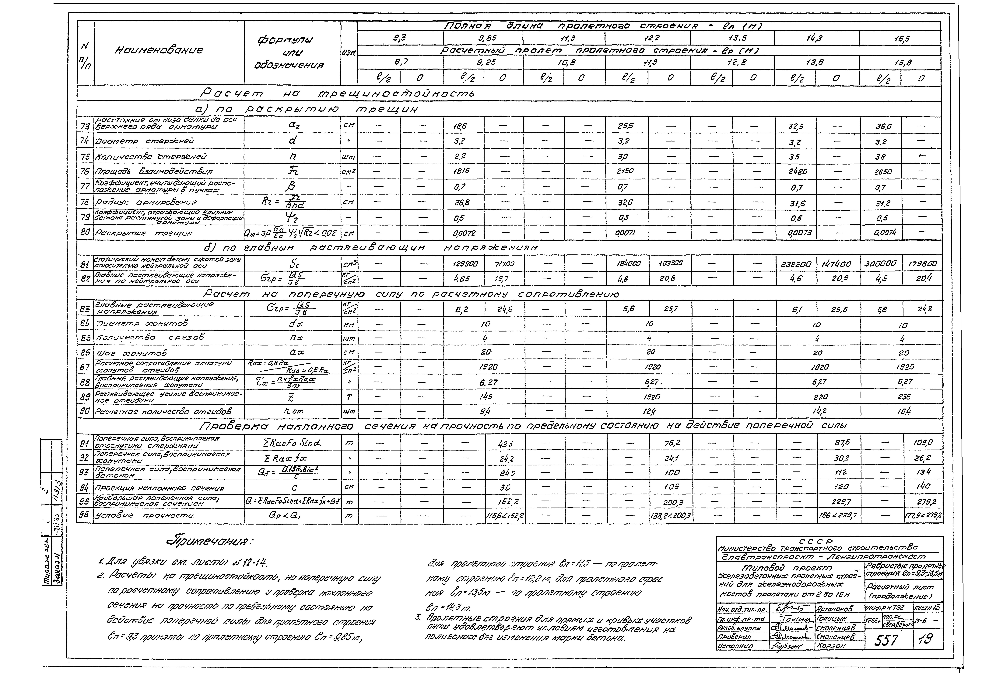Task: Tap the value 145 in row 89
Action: click(484, 396)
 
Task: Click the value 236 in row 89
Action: click(903, 396)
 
